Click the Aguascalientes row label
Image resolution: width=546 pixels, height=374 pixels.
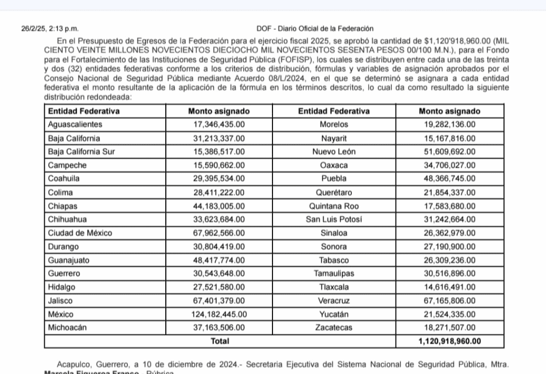coord(75,125)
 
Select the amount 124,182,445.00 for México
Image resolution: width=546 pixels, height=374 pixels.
coord(219,314)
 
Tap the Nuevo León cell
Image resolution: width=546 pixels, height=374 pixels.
coord(334,152)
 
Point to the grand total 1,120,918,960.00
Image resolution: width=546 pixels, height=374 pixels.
coord(449,341)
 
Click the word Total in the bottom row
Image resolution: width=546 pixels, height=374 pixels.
coord(220,341)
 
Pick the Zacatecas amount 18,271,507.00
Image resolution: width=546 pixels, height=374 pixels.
coord(449,328)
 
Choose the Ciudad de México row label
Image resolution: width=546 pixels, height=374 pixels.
coord(80,233)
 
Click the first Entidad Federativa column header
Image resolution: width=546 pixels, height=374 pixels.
coord(84,111)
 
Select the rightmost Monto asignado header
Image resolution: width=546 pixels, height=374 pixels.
coord(449,111)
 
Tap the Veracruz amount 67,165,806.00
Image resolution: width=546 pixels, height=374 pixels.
coord(449,300)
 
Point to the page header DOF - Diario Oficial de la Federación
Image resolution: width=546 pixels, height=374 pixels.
coord(315,29)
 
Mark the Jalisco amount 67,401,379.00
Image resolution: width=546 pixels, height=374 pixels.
coord(219,300)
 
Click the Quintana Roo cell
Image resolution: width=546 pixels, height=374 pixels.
coord(334,206)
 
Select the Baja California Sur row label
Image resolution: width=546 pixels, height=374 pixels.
coord(82,152)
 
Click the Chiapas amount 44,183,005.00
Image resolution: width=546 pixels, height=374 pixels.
coord(219,206)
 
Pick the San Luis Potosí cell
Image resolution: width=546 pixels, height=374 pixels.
coord(334,219)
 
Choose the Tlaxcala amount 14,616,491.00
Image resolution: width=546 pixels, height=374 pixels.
coord(449,287)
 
